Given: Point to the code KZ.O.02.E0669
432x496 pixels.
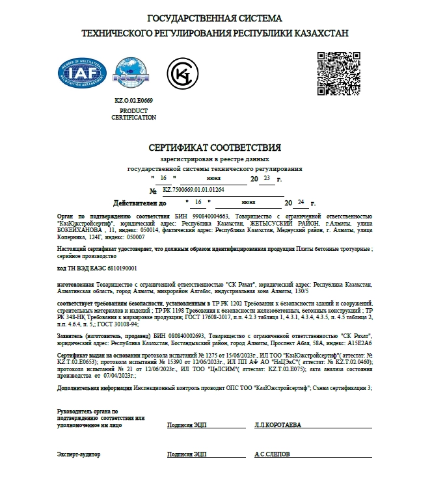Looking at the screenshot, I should pos(133,101).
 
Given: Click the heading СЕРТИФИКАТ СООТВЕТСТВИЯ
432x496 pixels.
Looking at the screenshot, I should pos(215,147).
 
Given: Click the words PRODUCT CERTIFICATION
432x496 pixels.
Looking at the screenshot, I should pos(133,114).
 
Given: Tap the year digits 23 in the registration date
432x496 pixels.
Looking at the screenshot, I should pos(266,177).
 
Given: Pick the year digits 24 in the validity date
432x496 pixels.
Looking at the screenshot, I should pos(300,202).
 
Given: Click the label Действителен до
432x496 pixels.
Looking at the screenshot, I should pos(140,203).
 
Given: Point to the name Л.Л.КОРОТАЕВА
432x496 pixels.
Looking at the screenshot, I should pos(278,424).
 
